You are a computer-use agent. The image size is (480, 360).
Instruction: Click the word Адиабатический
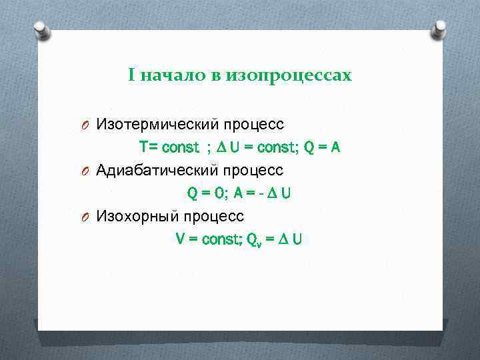pos(157,170)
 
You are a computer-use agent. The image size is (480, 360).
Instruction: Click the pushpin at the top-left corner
pos(42,29)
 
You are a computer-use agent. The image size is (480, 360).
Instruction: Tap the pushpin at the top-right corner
pos(439,29)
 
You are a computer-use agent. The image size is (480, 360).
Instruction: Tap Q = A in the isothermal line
pos(322,147)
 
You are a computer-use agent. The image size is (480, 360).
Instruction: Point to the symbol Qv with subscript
pos(254,240)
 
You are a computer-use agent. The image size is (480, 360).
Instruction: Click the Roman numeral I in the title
pos(132,76)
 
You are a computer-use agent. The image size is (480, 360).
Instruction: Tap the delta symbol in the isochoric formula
pos(283,239)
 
